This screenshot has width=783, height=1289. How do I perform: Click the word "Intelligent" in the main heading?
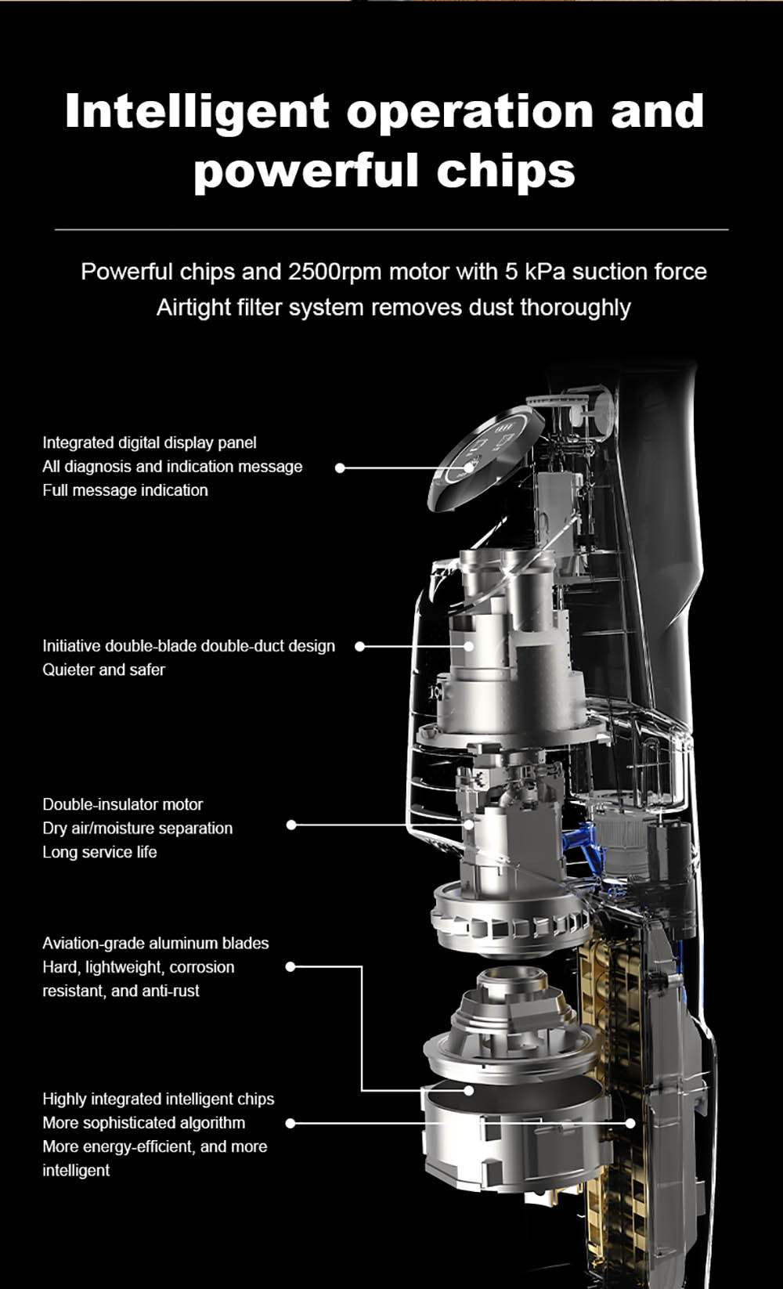[x=197, y=110]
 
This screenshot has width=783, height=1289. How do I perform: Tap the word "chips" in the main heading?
[x=506, y=170]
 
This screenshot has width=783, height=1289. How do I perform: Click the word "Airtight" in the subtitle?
[x=192, y=307]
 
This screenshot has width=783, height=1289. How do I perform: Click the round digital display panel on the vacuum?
[x=486, y=457]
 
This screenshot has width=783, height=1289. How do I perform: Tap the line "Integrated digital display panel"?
[x=150, y=442]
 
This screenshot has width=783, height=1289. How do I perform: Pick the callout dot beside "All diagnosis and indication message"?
[x=340, y=468]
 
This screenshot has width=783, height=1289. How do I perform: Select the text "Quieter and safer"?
[x=103, y=670]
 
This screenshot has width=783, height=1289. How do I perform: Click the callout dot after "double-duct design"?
[x=359, y=646]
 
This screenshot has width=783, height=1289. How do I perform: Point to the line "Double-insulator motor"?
[x=123, y=804]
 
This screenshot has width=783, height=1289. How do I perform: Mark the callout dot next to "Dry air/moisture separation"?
[x=291, y=825]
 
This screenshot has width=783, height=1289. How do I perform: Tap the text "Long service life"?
[x=99, y=852]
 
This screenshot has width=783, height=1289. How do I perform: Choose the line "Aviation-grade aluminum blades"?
[x=155, y=943]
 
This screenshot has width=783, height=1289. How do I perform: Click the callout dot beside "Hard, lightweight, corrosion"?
[x=290, y=966]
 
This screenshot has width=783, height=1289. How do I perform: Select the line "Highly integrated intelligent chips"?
[x=158, y=1099]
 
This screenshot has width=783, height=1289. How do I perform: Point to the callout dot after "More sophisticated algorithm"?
[x=290, y=1123]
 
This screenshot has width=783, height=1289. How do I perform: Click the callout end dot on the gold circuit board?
[x=630, y=1123]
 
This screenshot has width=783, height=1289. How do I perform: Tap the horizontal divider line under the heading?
[x=391, y=229]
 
